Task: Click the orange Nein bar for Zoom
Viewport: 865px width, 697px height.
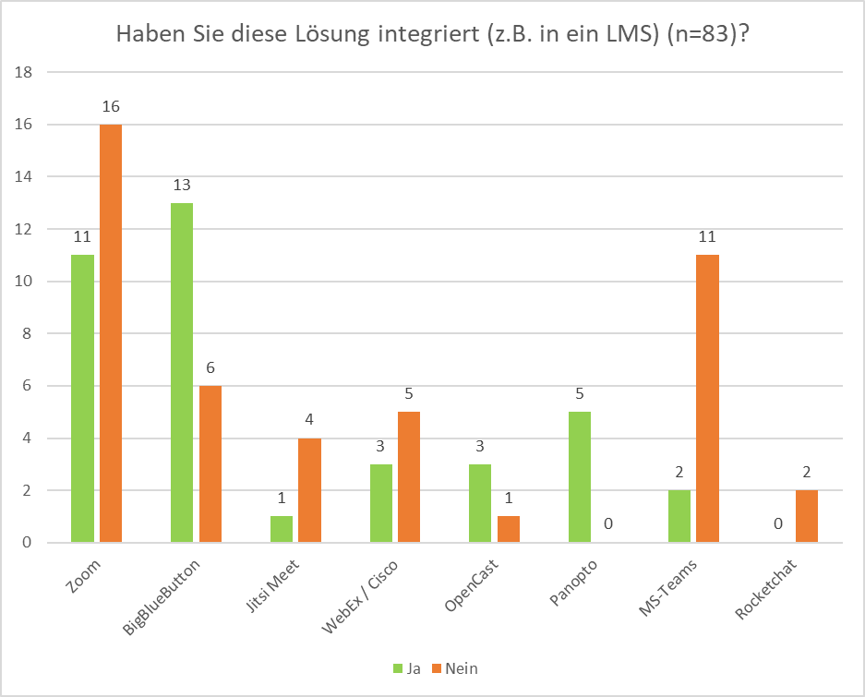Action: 111,333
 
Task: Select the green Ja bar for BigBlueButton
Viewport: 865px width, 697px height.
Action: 182,372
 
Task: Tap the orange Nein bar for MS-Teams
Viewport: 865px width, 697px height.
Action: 707,399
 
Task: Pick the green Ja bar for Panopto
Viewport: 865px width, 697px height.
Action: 580,477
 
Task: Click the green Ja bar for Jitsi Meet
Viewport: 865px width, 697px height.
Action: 282,529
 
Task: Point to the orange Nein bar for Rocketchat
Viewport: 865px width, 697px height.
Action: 807,516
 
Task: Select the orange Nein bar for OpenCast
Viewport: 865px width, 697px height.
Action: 509,529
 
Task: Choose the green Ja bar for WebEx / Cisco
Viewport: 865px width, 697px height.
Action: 381,503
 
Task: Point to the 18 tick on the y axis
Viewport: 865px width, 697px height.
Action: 25,72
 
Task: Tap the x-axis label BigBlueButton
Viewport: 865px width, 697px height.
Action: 162,598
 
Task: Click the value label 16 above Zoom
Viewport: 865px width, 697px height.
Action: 111,106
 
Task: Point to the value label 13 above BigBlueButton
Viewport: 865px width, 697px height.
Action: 182,185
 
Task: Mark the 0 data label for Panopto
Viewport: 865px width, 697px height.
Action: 608,524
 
